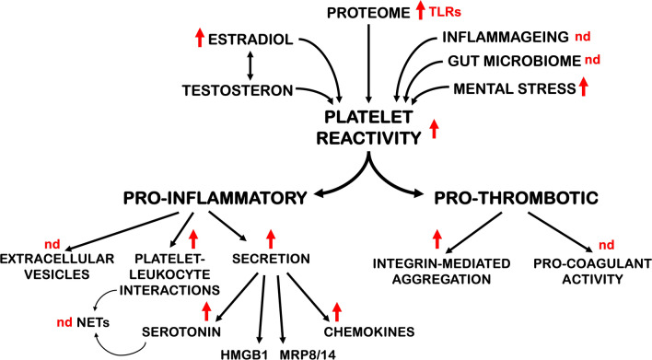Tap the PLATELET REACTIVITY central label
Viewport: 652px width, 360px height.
click(368, 127)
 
